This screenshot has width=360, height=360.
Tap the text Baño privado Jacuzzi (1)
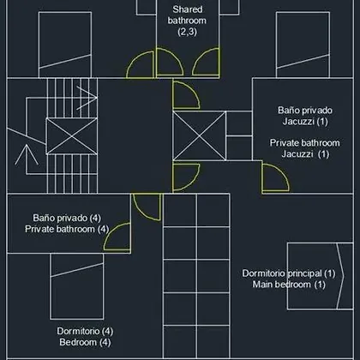pyautogui.click(x=305, y=116)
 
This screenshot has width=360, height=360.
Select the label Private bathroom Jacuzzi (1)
pyautogui.click(x=305, y=148)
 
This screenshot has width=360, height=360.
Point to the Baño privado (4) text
pyautogui.click(x=67, y=218)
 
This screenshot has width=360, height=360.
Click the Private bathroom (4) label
pyautogui.click(x=67, y=229)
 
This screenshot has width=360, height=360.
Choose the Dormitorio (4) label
pyautogui.click(x=85, y=331)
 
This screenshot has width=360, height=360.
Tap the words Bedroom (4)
pyautogui.click(x=85, y=342)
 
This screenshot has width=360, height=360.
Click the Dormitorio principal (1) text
pyautogui.click(x=289, y=273)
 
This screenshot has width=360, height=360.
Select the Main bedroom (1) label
pyautogui.click(x=289, y=285)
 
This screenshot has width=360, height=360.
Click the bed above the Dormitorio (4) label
pyautogui.click(x=77, y=286)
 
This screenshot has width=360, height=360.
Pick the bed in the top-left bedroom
pyautogui.click(x=65, y=45)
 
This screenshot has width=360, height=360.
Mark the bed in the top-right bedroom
pyautogui.click(x=303, y=45)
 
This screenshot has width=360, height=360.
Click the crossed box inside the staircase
pyautogui.click(x=72, y=136)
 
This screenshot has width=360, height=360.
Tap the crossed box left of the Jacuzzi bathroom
pyautogui.click(x=200, y=135)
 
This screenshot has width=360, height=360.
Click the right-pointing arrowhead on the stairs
pyautogui.click(x=87, y=98)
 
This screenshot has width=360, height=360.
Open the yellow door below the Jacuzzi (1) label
pyautogui.click(x=275, y=177)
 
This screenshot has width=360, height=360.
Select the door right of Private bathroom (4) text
pyautogui.click(x=117, y=237)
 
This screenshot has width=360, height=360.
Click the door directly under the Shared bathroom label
pyautogui.click(x=169, y=62)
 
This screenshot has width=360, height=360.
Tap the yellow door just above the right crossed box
pyautogui.click(x=186, y=95)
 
